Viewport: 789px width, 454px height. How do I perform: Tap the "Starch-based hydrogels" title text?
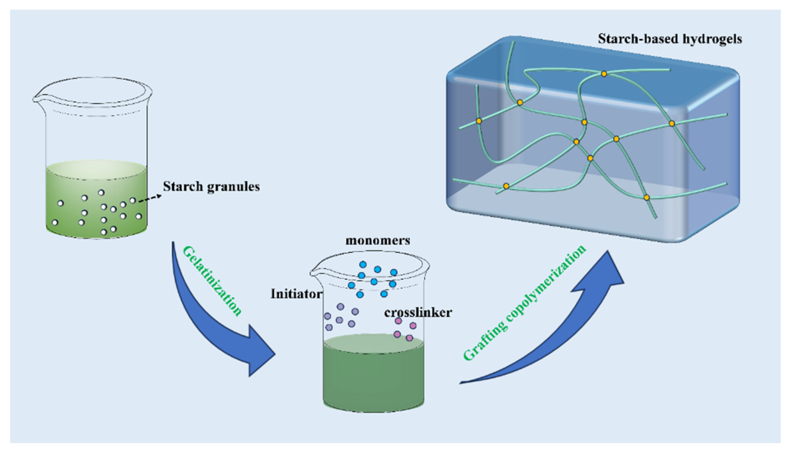coord(670,39)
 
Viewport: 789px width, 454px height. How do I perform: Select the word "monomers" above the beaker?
coord(378,241)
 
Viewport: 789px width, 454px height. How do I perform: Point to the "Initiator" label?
coord(296,294)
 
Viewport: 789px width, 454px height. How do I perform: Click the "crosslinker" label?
coord(418,313)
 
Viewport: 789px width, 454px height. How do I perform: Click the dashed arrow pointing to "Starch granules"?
coord(150,198)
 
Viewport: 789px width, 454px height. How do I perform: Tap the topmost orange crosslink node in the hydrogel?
coord(604,74)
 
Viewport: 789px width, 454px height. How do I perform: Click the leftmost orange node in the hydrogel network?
coord(479,121)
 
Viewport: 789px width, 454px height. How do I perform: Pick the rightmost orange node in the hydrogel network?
coord(672,123)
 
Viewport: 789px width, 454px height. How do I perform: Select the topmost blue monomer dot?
coord(363,265)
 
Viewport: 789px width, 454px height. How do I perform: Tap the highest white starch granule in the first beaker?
coord(101,193)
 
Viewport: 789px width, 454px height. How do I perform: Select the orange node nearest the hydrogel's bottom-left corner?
coord(506,186)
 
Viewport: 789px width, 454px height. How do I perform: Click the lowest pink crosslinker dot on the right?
coord(409,338)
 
